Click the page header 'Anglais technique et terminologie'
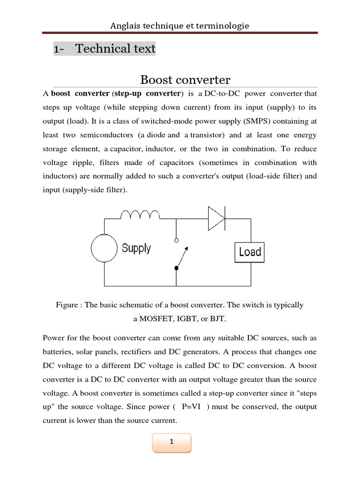click(180, 26)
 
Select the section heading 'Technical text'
click(115, 49)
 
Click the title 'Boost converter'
click(186, 80)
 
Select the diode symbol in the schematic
click(217, 217)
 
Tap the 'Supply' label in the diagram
click(136, 248)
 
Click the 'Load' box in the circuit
click(249, 252)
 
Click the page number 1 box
click(172, 442)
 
